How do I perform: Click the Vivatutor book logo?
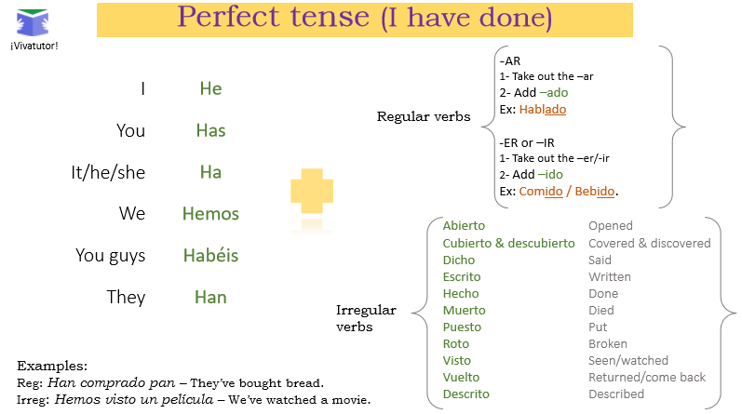(33, 22)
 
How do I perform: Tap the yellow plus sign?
(312, 191)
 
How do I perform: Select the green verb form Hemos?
(210, 214)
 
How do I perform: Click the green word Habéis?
(210, 255)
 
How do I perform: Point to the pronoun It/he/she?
(108, 172)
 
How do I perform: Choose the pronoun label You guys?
(110, 256)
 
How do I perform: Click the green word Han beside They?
(210, 297)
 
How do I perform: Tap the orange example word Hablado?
(543, 109)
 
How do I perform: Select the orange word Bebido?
(595, 191)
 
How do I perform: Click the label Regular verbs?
(424, 116)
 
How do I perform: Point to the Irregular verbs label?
(366, 318)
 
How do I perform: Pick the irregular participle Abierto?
(464, 226)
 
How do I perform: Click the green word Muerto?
(465, 311)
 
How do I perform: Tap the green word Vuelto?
(462, 377)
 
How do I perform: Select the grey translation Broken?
(608, 343)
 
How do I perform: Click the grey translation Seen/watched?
(628, 361)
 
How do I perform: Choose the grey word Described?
(616, 394)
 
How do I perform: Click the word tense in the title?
(330, 17)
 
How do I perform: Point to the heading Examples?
(52, 366)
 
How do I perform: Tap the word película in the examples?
(187, 400)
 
